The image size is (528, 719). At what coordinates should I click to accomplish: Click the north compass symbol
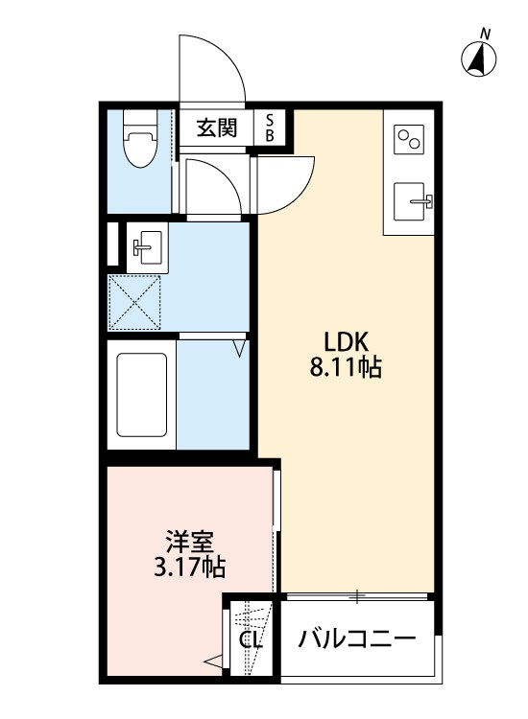480,59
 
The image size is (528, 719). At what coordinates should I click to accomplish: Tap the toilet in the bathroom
140,144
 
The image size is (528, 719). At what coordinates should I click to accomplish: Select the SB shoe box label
270,128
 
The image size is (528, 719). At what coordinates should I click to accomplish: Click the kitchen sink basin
415,202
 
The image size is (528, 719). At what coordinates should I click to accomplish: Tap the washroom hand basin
147,247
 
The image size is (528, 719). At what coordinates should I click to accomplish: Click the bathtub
142,395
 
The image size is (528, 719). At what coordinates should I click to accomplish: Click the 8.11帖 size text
347,367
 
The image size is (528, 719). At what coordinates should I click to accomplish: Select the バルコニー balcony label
356,638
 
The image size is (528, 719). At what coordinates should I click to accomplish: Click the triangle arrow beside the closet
213,660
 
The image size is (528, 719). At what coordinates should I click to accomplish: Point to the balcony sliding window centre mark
356,597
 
